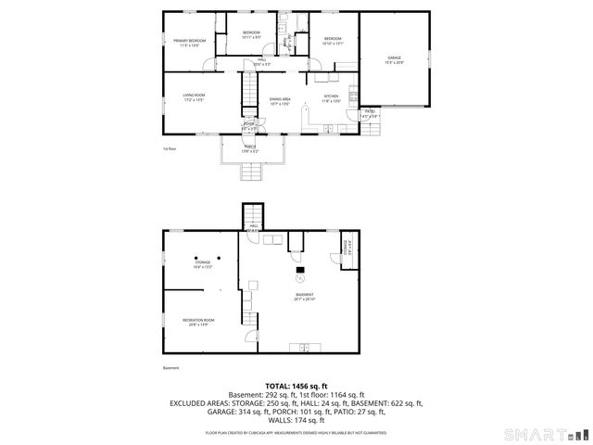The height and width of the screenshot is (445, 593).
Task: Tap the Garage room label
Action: [x=395, y=59]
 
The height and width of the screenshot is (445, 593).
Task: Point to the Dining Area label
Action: [x=281, y=101]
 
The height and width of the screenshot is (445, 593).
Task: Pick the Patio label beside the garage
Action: [x=369, y=113]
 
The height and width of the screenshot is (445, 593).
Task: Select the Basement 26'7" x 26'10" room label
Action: [x=304, y=297]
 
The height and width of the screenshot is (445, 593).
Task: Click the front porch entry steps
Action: [x=250, y=172]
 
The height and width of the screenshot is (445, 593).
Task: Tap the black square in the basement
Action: [x=299, y=269]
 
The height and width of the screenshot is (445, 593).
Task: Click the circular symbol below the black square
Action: [x=300, y=278]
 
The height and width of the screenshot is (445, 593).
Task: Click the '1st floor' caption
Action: [x=169, y=148]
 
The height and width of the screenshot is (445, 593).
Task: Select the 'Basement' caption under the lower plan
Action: [x=170, y=368]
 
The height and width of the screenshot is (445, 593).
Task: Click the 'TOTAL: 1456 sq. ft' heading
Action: [x=296, y=386]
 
